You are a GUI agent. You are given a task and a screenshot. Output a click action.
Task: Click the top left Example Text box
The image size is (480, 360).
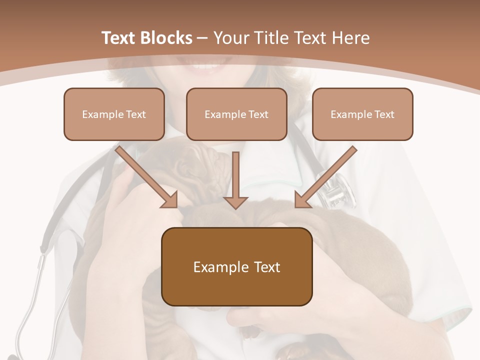pos(114,114)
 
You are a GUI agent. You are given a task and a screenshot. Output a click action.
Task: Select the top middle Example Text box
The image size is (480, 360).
pos(236,114)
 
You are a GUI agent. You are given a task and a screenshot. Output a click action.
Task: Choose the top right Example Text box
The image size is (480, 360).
pos(362,114)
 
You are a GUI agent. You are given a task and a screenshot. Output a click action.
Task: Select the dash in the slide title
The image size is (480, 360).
pos(202,38)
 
